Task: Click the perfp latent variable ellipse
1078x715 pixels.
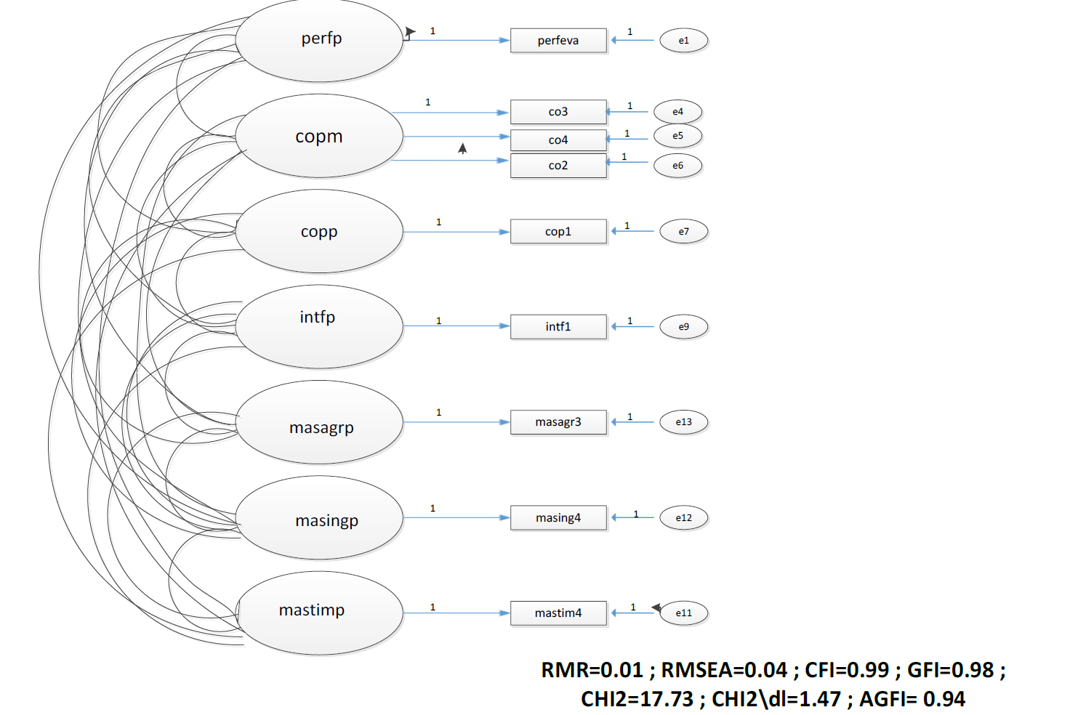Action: coord(319,41)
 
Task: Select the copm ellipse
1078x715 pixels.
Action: coord(319,136)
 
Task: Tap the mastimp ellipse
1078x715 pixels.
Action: coord(320,613)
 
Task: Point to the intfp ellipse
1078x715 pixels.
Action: coord(319,326)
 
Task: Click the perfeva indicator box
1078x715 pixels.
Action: coord(558,41)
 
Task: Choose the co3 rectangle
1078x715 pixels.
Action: coord(558,112)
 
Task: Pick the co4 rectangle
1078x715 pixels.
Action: coord(558,140)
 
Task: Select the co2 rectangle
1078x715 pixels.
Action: coord(558,166)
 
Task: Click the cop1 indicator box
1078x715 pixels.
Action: coord(558,232)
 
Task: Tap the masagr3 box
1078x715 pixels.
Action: coord(558,422)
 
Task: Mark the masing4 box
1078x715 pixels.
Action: coord(558,518)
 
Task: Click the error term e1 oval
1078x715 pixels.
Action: coord(683,41)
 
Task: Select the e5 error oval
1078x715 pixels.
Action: coord(677,136)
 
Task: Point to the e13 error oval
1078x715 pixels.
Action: coord(683,422)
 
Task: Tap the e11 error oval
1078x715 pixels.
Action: coord(683,613)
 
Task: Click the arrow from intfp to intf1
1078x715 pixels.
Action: coord(456,326)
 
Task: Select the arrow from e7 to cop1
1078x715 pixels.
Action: coord(633,232)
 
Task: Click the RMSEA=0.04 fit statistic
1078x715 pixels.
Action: coord(724,670)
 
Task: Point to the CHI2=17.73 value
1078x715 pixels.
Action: coord(637,699)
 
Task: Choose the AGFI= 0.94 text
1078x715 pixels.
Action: coord(912,699)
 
